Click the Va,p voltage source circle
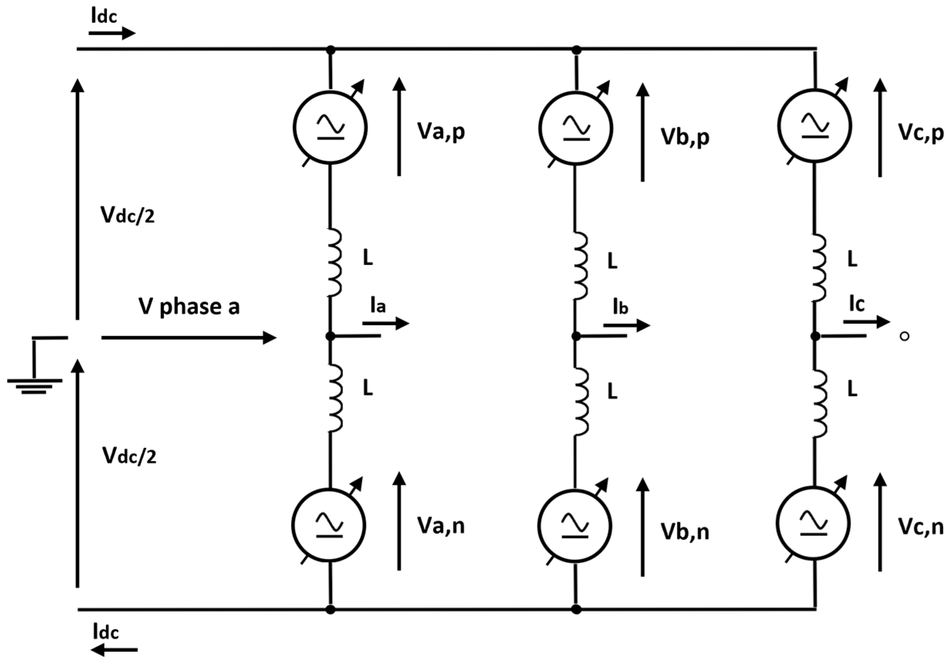(330, 127)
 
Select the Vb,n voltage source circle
(575, 526)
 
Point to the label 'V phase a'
(189, 307)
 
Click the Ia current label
(377, 306)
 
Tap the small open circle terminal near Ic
(904, 336)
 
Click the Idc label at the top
(104, 17)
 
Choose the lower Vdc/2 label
(129, 457)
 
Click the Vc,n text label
(920, 527)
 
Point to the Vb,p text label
(685, 137)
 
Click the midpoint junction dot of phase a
(330, 336)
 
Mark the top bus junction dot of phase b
(576, 51)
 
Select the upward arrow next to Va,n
(399, 521)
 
